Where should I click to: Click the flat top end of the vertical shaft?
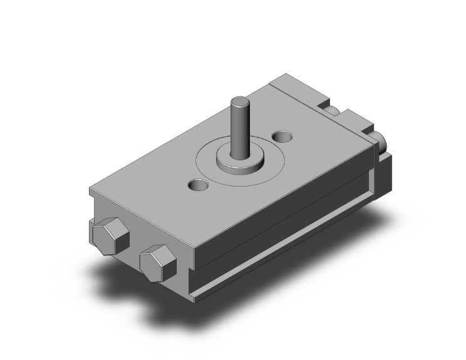point(240,100)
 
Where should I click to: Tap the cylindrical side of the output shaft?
point(240,128)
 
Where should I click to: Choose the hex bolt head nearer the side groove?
point(157,262)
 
